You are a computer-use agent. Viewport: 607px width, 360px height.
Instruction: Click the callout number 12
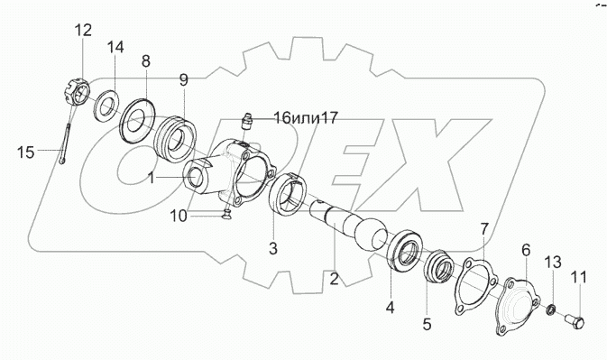pyautogui.click(x=83, y=30)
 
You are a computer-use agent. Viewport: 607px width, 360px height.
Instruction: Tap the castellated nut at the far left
pyautogui.click(x=76, y=92)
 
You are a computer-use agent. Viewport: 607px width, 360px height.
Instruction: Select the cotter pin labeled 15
pyautogui.click(x=65, y=143)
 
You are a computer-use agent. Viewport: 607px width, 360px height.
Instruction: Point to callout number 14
pyautogui.click(x=115, y=47)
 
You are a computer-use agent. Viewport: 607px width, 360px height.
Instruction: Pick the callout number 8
pyautogui.click(x=146, y=61)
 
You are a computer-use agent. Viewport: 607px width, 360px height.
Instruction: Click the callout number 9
pyautogui.click(x=183, y=80)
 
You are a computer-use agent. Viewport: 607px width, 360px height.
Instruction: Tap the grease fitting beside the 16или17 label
pyautogui.click(x=246, y=120)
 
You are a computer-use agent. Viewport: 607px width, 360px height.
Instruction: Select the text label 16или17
pyautogui.click(x=306, y=117)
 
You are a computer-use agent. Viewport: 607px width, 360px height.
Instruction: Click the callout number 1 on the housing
pyautogui.click(x=152, y=178)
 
